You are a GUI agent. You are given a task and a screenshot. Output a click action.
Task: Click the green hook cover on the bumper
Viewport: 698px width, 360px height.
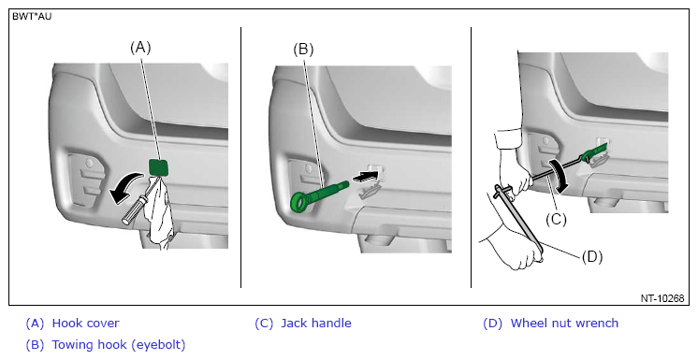point(159,167)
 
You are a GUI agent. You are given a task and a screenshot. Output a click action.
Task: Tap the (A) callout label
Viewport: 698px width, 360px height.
point(140,47)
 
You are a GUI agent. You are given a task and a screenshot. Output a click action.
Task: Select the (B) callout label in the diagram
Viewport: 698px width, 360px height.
point(303,49)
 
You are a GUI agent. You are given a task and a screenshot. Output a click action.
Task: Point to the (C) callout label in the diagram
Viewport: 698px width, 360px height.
point(556,220)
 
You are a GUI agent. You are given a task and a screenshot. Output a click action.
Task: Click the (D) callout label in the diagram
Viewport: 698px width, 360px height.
point(592,256)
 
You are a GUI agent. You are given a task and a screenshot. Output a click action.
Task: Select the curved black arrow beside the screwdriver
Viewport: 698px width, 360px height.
point(124,188)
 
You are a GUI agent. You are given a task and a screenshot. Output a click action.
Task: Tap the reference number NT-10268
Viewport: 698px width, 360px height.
point(662,298)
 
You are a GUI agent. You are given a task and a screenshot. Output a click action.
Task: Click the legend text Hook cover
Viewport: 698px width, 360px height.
point(85,324)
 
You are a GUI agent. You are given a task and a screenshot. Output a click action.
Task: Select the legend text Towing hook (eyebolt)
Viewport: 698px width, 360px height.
point(119,344)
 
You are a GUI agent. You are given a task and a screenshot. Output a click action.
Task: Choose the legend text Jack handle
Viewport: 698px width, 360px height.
point(316,324)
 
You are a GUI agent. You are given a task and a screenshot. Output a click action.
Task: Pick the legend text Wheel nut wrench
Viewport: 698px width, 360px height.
point(564,324)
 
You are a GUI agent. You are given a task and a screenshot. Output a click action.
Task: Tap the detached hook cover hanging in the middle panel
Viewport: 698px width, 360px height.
point(371,192)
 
